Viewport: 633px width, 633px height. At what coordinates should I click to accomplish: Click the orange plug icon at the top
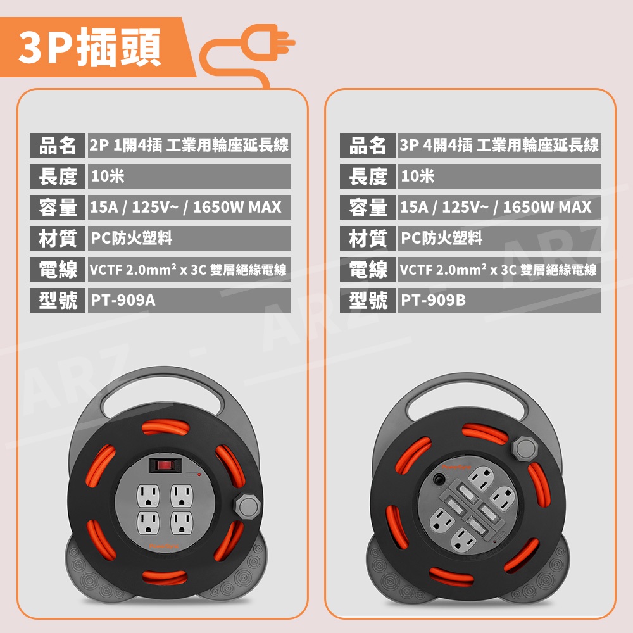(x=248, y=54)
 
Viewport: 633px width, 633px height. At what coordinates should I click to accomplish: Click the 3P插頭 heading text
(x=90, y=47)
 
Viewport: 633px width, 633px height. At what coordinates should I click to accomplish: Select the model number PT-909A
(x=123, y=300)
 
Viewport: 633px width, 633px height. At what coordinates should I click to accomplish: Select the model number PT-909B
(x=433, y=300)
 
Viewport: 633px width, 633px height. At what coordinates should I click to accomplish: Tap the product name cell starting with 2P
(x=189, y=145)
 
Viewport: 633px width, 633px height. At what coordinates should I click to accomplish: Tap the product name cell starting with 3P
(x=499, y=145)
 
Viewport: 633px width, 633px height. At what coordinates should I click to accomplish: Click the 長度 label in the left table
(x=58, y=176)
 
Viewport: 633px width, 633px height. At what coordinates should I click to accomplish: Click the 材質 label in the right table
(x=368, y=238)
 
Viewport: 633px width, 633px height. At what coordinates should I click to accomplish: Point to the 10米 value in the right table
(x=417, y=176)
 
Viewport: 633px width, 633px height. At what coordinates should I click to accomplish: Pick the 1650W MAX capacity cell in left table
(x=189, y=207)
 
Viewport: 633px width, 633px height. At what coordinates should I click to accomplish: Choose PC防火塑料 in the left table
(x=132, y=238)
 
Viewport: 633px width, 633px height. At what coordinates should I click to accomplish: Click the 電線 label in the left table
(x=58, y=269)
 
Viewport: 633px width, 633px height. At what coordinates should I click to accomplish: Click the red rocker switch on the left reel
(x=165, y=465)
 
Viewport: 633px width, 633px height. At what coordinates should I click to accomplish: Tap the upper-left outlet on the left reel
(x=148, y=496)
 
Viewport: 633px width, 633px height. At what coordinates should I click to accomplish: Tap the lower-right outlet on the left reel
(x=182, y=523)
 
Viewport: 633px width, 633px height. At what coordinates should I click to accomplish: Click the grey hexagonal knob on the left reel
(x=248, y=505)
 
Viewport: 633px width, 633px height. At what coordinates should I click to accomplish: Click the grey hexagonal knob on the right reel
(x=525, y=448)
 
